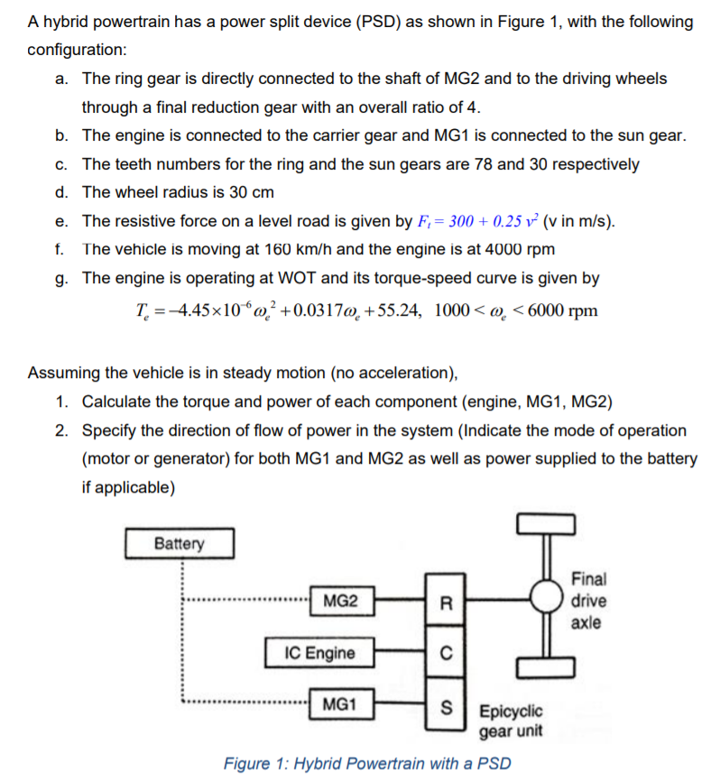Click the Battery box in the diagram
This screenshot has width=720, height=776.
(180, 544)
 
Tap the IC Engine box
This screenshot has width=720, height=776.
(318, 652)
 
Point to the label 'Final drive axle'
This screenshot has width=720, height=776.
(589, 600)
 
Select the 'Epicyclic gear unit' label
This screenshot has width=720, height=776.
(511, 720)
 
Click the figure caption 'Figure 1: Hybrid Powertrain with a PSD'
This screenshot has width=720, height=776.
(366, 763)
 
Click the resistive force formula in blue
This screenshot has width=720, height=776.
(480, 221)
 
